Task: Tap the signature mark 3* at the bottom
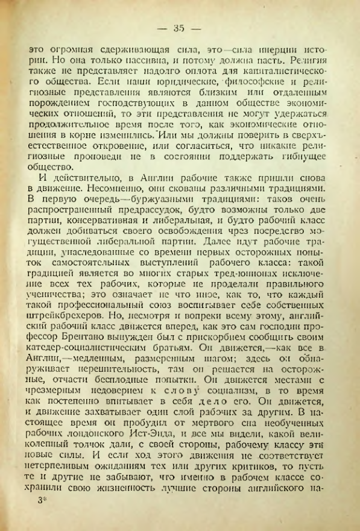click(x=42, y=517)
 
